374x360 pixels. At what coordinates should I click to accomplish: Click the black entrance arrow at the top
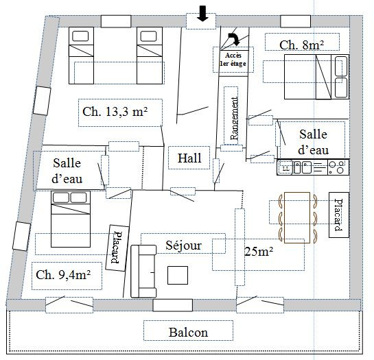202,14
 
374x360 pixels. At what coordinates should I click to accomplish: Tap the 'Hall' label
189,158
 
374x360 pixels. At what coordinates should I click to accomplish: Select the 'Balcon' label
188,333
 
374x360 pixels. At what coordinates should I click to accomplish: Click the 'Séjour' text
183,245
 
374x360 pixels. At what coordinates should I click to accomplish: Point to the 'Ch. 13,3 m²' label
115,112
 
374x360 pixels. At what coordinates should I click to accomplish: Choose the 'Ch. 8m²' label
301,45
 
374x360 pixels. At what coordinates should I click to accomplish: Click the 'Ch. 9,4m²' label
63,275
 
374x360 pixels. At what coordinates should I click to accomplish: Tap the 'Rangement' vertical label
234,118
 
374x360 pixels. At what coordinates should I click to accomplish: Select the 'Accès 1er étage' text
233,60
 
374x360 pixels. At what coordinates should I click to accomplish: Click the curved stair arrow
235,38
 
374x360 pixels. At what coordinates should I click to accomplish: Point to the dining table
297,217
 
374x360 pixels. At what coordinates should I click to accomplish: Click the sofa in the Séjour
143,272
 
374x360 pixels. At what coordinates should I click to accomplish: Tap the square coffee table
178,276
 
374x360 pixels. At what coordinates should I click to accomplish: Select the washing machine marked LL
285,167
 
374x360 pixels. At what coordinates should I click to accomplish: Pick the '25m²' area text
259,251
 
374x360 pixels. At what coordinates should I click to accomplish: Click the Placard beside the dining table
339,215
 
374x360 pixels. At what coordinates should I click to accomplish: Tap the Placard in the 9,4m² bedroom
117,248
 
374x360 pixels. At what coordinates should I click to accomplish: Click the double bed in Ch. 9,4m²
71,219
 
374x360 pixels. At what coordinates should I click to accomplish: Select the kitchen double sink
303,167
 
